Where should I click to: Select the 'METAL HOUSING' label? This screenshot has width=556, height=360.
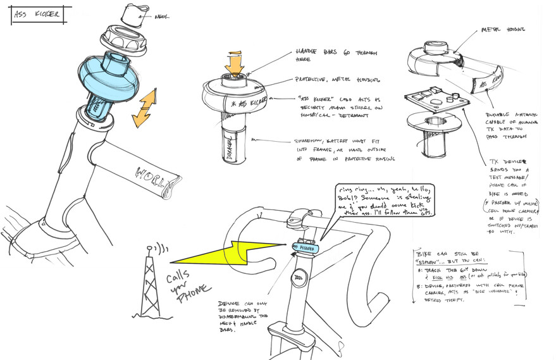[503, 29]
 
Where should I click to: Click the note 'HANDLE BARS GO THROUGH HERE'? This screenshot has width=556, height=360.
[324, 55]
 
